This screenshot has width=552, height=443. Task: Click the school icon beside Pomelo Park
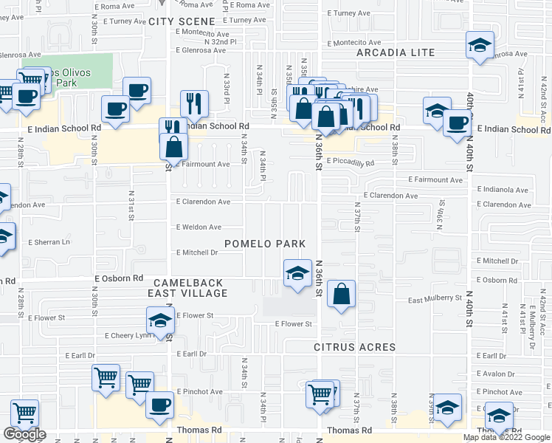click(x=297, y=272)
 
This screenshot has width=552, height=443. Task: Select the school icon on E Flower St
click(x=159, y=320)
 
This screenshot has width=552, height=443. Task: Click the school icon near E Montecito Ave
click(x=480, y=44)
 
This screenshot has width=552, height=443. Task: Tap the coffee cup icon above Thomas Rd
click(x=159, y=405)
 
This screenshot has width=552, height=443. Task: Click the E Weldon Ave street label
click(x=198, y=227)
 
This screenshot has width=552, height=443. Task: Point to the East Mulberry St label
click(x=435, y=299)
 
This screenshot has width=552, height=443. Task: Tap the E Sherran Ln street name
click(x=49, y=242)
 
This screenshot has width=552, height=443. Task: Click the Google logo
click(x=24, y=434)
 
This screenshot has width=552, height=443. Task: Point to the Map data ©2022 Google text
click(x=506, y=437)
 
